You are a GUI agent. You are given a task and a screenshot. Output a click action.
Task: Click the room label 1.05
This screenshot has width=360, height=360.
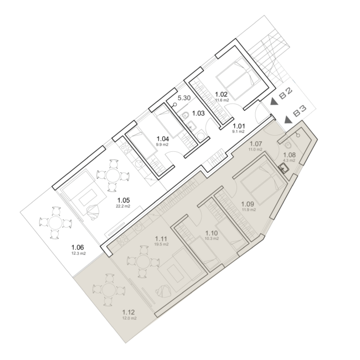(x=124, y=200)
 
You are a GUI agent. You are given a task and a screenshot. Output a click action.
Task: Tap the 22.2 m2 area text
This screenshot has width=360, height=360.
(x=124, y=206)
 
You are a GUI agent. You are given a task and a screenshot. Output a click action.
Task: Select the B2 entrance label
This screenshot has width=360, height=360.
(x=286, y=94)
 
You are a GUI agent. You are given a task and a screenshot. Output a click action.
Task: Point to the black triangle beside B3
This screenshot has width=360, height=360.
(x=289, y=120)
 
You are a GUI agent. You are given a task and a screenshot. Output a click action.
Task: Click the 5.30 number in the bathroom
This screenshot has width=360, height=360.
(x=184, y=98)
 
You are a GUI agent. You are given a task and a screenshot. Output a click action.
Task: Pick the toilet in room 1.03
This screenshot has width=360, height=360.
(x=186, y=116)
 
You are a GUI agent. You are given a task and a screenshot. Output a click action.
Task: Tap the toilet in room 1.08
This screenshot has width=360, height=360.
(x=287, y=145)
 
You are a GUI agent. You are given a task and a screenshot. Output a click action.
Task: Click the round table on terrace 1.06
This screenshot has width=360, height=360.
(x=55, y=223)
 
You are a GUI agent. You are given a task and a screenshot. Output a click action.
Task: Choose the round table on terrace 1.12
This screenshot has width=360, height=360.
(x=109, y=290)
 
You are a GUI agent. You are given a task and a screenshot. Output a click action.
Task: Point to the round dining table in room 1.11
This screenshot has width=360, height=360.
(x=143, y=261)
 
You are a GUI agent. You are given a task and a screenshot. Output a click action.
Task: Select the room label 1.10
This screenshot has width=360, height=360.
(x=211, y=233)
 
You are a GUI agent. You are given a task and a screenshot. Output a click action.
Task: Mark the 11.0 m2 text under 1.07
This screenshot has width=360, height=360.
(x=255, y=150)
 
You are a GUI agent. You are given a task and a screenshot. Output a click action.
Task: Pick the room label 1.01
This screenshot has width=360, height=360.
(x=239, y=126)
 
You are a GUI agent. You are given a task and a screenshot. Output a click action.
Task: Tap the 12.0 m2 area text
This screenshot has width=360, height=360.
(x=130, y=318)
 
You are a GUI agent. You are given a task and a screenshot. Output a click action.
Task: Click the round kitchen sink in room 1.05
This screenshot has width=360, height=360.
(x=138, y=163)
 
